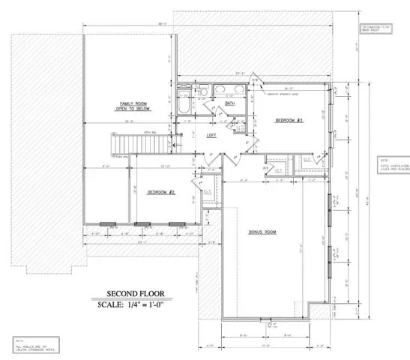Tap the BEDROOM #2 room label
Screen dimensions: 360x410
point(160,193)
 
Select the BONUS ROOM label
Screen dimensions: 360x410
point(263,233)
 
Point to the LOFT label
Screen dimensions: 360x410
point(211,135)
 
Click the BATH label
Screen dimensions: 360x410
point(230,103)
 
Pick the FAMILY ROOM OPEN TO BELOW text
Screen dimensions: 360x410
point(132,106)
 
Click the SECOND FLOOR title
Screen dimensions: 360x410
point(129,294)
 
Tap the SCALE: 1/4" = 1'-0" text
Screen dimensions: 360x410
point(129,305)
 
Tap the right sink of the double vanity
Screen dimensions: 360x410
point(241,92)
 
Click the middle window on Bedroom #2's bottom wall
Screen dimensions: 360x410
point(139,223)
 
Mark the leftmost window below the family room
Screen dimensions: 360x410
point(106,223)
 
